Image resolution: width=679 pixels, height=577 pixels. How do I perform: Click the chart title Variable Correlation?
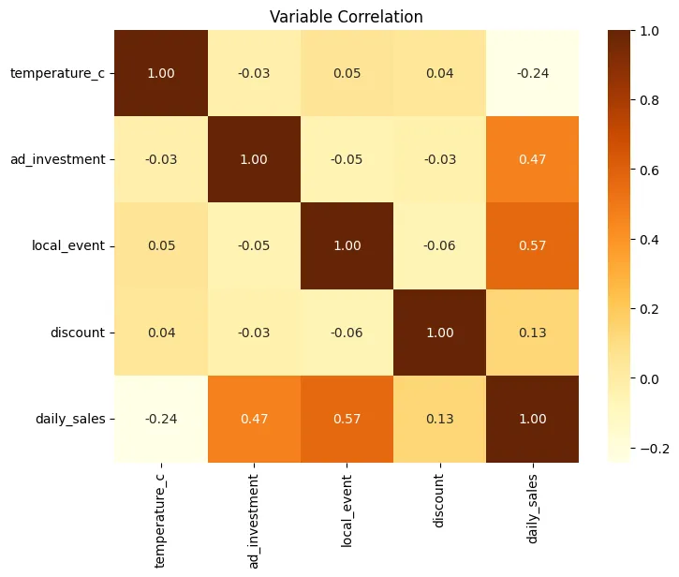point(347,17)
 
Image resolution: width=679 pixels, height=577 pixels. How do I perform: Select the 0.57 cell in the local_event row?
point(532,245)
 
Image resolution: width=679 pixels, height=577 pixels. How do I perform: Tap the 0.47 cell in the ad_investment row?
point(532,159)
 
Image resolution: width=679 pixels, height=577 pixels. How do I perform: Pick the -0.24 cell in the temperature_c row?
point(532,73)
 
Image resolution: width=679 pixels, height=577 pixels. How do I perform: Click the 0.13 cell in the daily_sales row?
point(439,419)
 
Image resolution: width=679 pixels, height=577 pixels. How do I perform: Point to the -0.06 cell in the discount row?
point(347,333)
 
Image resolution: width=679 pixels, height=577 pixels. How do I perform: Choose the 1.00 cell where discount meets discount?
point(439,333)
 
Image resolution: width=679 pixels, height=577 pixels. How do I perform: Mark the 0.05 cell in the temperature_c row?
point(347,73)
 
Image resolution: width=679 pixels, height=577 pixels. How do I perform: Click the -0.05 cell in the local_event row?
point(254,245)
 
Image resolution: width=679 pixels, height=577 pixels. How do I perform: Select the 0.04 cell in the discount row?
point(161,333)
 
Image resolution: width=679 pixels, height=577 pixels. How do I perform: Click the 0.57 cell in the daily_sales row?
point(347,419)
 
